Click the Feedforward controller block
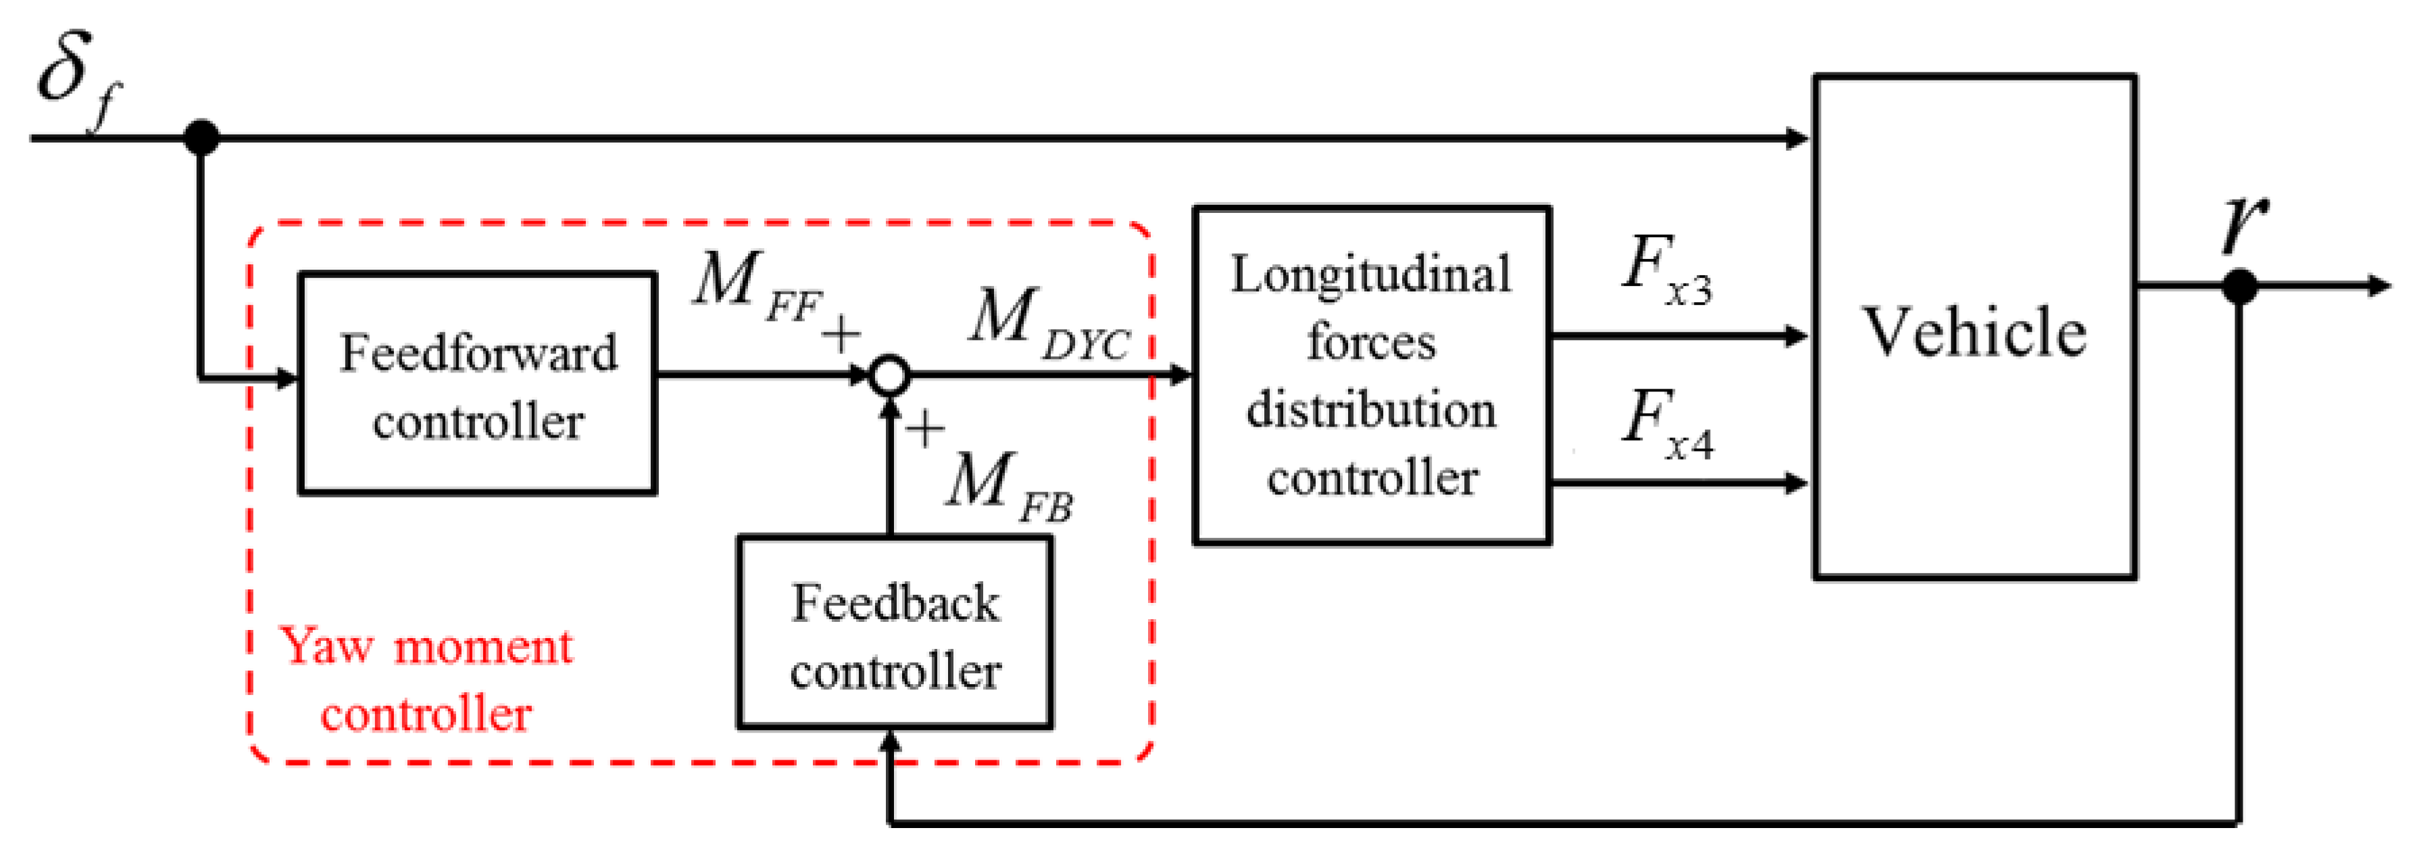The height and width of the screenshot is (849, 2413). tap(477, 383)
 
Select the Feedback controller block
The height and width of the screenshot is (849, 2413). tap(895, 633)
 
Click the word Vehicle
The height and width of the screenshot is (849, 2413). tap(1974, 332)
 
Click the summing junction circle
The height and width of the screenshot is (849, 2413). tap(889, 375)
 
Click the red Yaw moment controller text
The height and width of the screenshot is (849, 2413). tap(426, 679)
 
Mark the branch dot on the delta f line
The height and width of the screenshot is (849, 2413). tap(201, 138)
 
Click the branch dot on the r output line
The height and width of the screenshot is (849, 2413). tap(2239, 286)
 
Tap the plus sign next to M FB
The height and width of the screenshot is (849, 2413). tap(924, 429)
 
